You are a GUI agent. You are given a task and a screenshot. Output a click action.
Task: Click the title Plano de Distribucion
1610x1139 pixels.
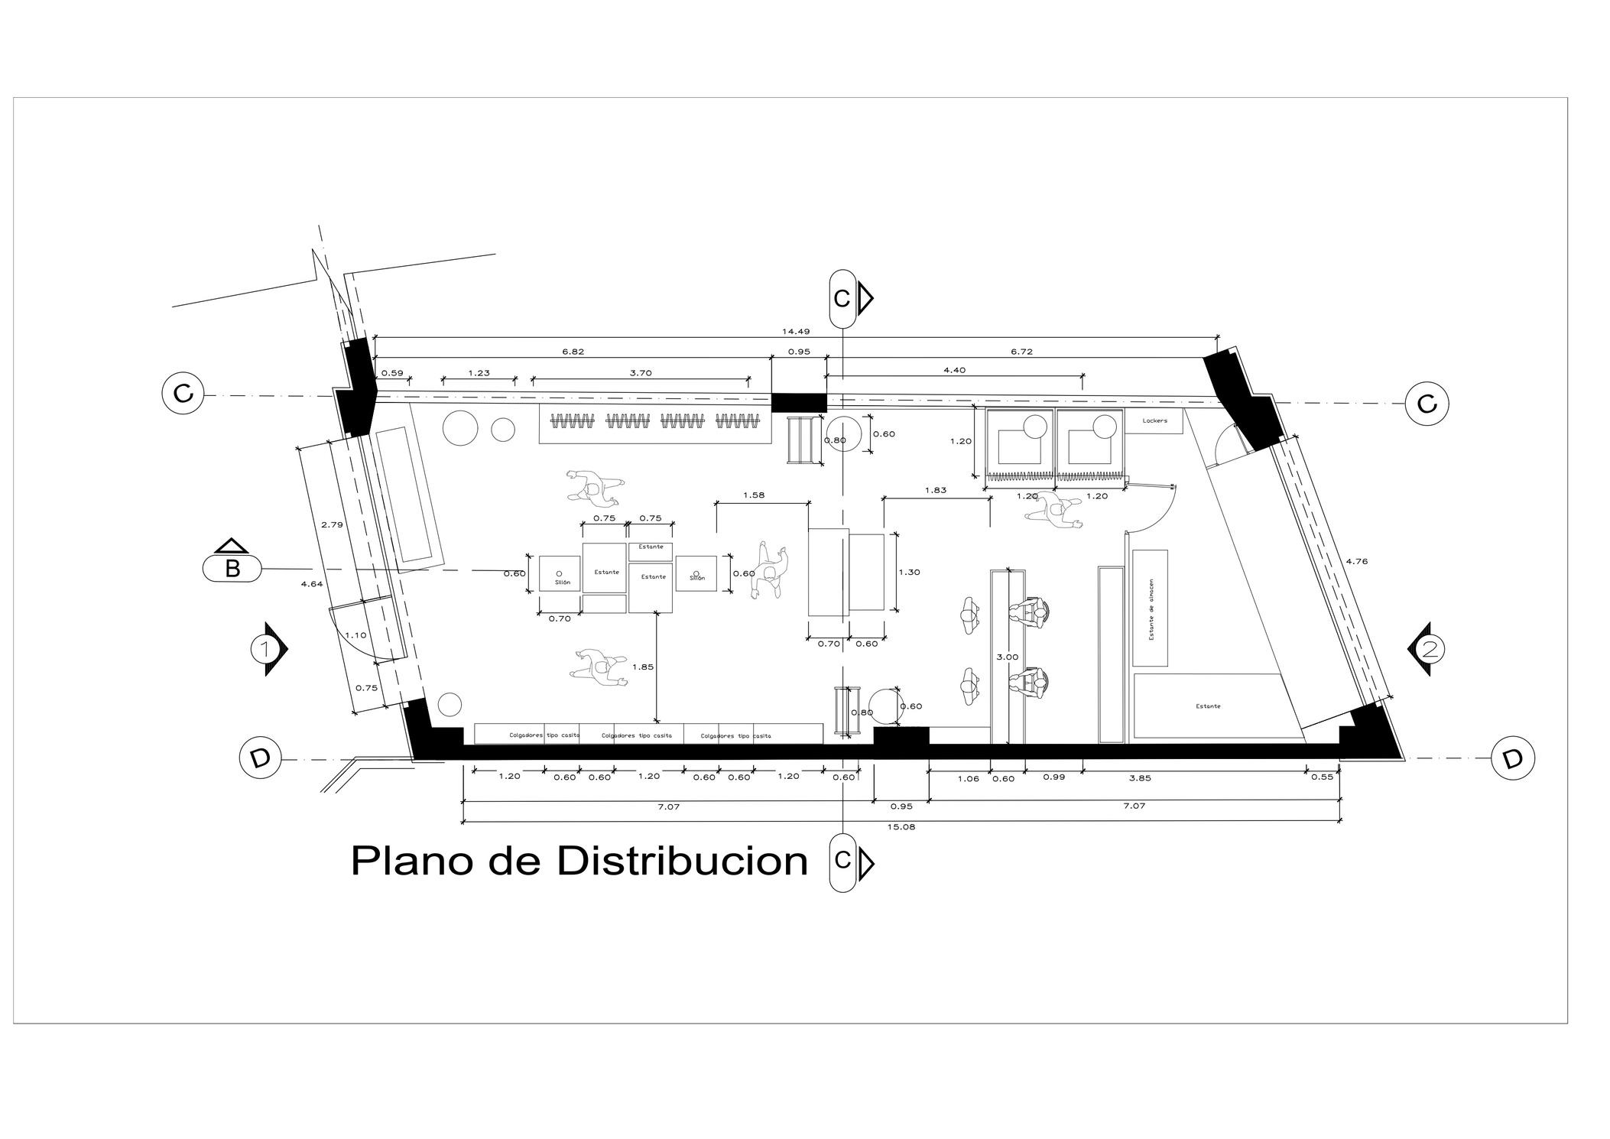pyautogui.click(x=579, y=862)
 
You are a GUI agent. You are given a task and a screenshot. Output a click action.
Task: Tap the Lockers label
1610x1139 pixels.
pyautogui.click(x=1154, y=420)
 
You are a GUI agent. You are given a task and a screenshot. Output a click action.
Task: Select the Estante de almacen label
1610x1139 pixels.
pyautogui.click(x=1151, y=609)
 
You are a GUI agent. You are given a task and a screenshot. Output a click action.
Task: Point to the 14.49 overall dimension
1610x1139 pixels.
pyautogui.click(x=795, y=332)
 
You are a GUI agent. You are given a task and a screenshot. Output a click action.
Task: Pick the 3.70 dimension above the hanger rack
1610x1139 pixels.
pyautogui.click(x=640, y=373)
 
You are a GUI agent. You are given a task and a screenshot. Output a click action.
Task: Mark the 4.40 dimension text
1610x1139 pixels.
pyautogui.click(x=954, y=370)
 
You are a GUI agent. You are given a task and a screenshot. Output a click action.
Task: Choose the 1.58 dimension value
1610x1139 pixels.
pyautogui.click(x=753, y=495)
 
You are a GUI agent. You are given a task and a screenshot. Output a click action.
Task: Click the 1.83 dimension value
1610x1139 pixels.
pyautogui.click(x=935, y=491)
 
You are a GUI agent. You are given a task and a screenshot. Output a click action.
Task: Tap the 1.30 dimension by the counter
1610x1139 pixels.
pyautogui.click(x=909, y=572)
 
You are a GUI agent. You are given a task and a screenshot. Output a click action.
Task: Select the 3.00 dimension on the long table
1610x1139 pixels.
pyautogui.click(x=1008, y=657)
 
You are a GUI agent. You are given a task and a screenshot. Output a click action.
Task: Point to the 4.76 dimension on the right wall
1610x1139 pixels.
pyautogui.click(x=1356, y=561)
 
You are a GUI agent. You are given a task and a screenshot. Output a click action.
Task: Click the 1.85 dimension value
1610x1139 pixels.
pyautogui.click(x=643, y=667)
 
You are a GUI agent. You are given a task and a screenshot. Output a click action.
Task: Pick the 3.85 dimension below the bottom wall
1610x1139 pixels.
pyautogui.click(x=1139, y=778)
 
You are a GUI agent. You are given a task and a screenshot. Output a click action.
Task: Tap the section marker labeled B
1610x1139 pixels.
pyautogui.click(x=232, y=569)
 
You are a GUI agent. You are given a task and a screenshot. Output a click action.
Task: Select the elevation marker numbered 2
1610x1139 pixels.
pyautogui.click(x=1430, y=650)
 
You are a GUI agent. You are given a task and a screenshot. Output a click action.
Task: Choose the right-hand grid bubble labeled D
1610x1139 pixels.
pyautogui.click(x=1512, y=758)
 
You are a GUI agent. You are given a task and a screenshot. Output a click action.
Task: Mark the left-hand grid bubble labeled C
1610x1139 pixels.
pyautogui.click(x=183, y=394)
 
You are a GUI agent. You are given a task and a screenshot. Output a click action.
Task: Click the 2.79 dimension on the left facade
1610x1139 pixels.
pyautogui.click(x=332, y=524)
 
